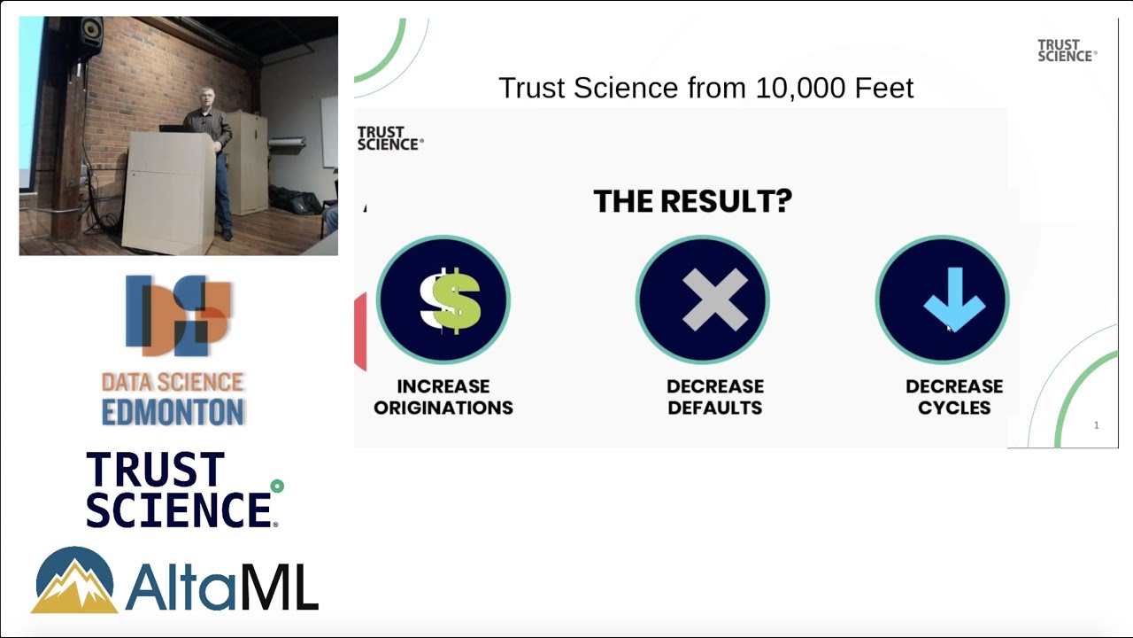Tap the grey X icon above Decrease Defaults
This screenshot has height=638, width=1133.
(x=702, y=300)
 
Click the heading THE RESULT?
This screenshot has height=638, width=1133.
(x=692, y=201)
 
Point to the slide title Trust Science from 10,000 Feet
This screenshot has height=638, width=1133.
(x=705, y=88)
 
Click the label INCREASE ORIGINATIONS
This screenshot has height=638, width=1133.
(x=443, y=397)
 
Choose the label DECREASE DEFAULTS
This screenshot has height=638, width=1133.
(x=714, y=397)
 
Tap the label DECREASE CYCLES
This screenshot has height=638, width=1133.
(x=953, y=397)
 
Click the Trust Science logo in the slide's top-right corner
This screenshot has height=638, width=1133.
(x=1066, y=51)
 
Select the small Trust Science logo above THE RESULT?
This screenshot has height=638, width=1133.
(x=389, y=138)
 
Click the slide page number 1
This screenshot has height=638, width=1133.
(x=1096, y=425)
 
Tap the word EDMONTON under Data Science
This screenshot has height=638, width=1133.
(x=173, y=412)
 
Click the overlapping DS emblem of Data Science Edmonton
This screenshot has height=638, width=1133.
(x=178, y=315)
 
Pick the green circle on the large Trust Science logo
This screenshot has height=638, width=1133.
(x=277, y=486)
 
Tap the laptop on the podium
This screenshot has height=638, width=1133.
(x=173, y=128)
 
